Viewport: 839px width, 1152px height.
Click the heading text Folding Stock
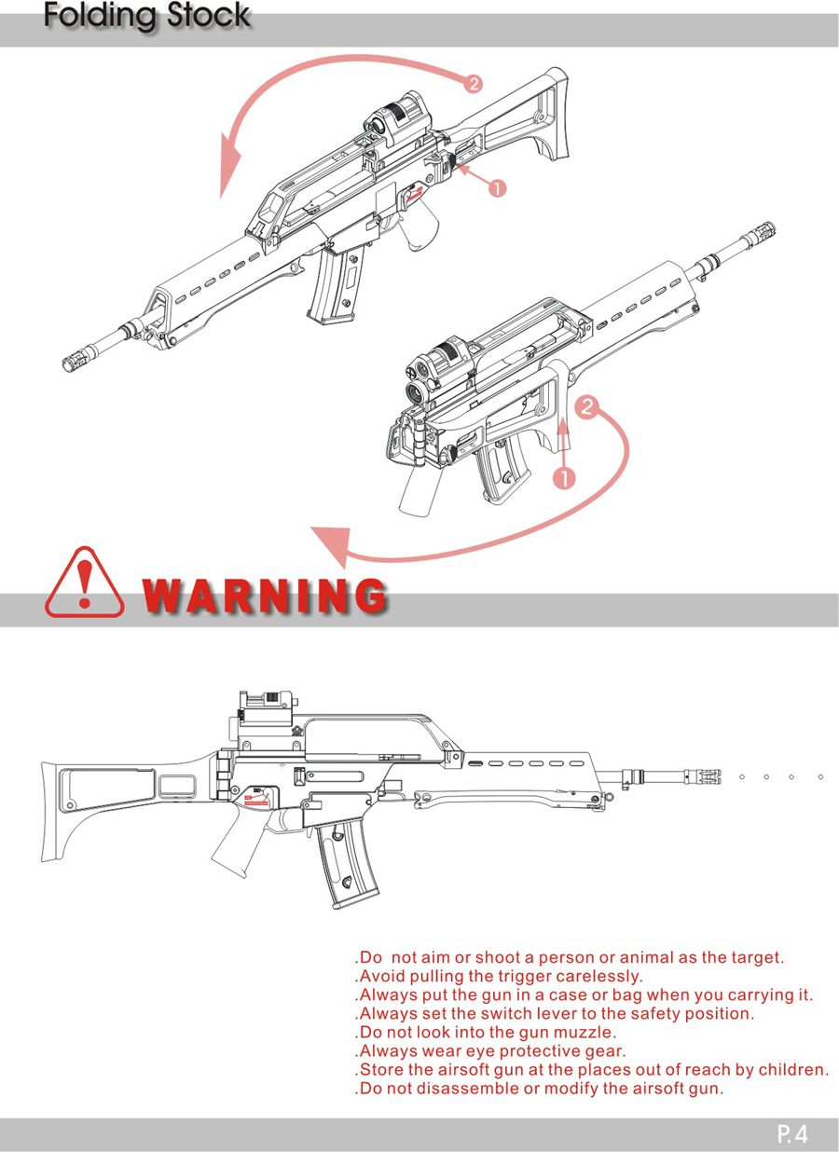(x=147, y=16)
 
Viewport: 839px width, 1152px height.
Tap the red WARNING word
(x=265, y=595)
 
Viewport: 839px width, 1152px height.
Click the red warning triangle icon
(x=84, y=583)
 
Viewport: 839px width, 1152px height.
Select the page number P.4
(x=792, y=1133)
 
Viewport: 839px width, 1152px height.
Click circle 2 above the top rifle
(x=474, y=83)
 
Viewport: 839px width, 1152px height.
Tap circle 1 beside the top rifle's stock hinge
(x=497, y=189)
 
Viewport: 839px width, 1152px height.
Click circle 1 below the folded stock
(x=564, y=479)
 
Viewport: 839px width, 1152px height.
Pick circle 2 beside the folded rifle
(x=587, y=407)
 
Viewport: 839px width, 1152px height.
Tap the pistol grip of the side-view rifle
(x=238, y=838)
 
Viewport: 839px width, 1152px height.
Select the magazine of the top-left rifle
(x=336, y=284)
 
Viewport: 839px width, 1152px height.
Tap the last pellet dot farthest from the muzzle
(x=820, y=777)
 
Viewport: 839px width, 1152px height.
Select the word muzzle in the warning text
(x=585, y=1032)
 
